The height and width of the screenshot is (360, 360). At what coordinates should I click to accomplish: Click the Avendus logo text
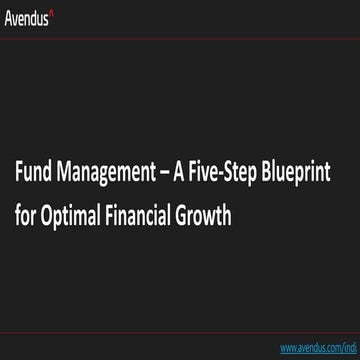tap(28, 16)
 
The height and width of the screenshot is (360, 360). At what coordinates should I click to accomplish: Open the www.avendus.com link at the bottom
tap(319, 348)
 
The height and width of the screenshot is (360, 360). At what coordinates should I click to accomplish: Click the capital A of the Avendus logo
tap(9, 16)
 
